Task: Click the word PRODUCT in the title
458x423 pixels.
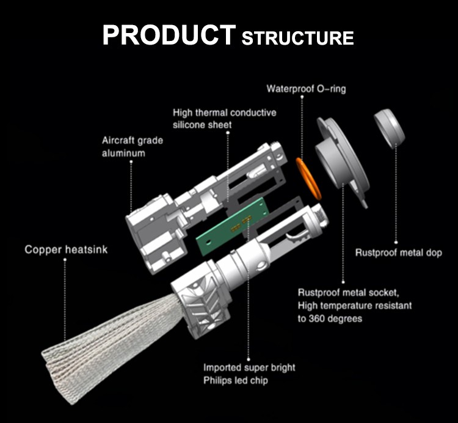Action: (167, 35)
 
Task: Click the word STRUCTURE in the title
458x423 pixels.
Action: (297, 38)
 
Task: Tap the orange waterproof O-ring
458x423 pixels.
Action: (308, 178)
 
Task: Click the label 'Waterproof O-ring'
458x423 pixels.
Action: (306, 89)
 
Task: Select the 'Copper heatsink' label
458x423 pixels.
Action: (66, 249)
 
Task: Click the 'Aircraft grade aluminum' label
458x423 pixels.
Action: (133, 147)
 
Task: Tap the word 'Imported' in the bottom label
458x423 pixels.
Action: (224, 367)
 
